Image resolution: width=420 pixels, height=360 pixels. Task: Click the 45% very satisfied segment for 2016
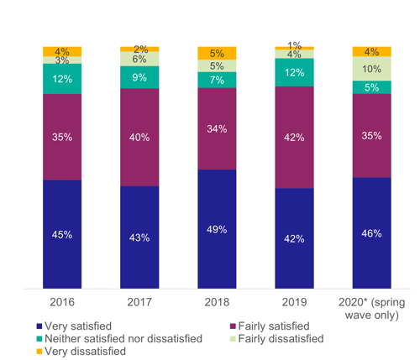point(62,234)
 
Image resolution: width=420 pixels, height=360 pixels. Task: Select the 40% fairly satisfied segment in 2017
point(139,137)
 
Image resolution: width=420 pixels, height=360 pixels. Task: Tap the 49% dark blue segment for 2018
point(217,229)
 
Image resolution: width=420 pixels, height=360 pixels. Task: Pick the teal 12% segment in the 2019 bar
point(294,72)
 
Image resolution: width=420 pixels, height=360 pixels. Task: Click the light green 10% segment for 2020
point(371,68)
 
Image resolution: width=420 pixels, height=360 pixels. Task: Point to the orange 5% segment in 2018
point(217,53)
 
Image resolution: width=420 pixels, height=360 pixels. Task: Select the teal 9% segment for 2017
point(139,77)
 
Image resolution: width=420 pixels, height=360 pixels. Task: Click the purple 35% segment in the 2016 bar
point(62,136)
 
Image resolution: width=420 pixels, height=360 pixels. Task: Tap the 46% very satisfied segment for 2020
point(371,233)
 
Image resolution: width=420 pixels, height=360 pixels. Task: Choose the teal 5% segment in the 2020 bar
point(371,87)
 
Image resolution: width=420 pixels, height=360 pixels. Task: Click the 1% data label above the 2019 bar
point(294,44)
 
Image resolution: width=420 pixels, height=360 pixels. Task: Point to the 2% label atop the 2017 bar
point(139,49)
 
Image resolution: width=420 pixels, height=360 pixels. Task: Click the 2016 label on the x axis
point(62,300)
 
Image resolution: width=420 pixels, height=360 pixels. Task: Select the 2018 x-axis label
point(217,300)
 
